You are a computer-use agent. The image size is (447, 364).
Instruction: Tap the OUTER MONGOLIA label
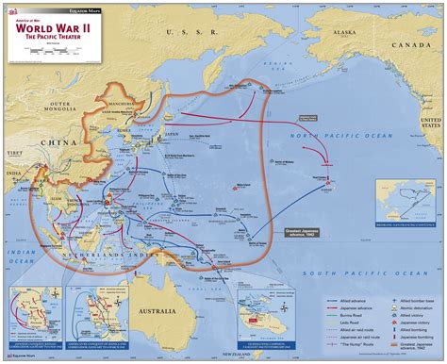60,106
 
